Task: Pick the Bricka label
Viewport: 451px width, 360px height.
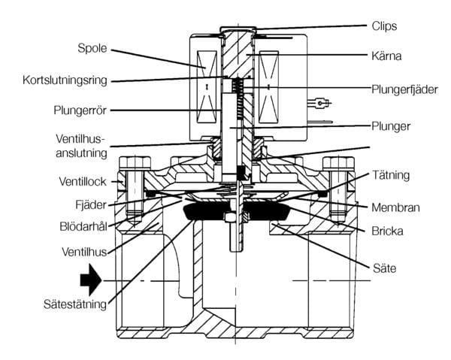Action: (386, 231)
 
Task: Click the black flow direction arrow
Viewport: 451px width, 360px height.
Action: (89, 281)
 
